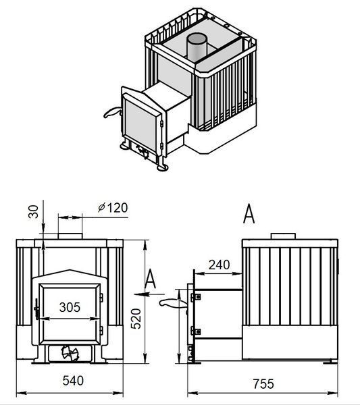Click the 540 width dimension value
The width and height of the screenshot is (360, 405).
(73, 381)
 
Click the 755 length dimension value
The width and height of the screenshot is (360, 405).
(263, 383)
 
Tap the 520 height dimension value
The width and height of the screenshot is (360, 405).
(136, 319)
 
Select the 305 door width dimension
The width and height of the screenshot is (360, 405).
(70, 307)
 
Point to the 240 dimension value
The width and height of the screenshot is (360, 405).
(219, 265)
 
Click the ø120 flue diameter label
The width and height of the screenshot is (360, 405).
(113, 208)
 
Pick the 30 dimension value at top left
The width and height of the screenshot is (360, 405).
(33, 211)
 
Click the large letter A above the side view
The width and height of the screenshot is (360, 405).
(249, 213)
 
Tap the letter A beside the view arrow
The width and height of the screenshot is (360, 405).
(150, 279)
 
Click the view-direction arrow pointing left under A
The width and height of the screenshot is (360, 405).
(149, 294)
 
